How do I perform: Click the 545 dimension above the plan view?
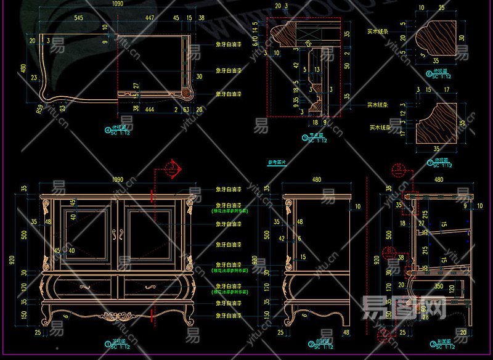[x=79, y=18]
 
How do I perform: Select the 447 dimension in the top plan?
[x=150, y=18]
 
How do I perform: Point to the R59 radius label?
[x=39, y=110]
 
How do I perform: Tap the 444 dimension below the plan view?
[x=149, y=109]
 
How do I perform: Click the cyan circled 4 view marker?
[x=108, y=131]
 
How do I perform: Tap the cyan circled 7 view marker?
[x=430, y=163]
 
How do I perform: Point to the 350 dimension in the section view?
[x=439, y=287]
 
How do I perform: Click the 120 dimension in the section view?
[x=452, y=289]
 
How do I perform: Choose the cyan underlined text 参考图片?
[x=277, y=163]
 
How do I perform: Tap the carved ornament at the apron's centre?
[x=118, y=316]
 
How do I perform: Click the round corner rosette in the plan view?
[x=185, y=93]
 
